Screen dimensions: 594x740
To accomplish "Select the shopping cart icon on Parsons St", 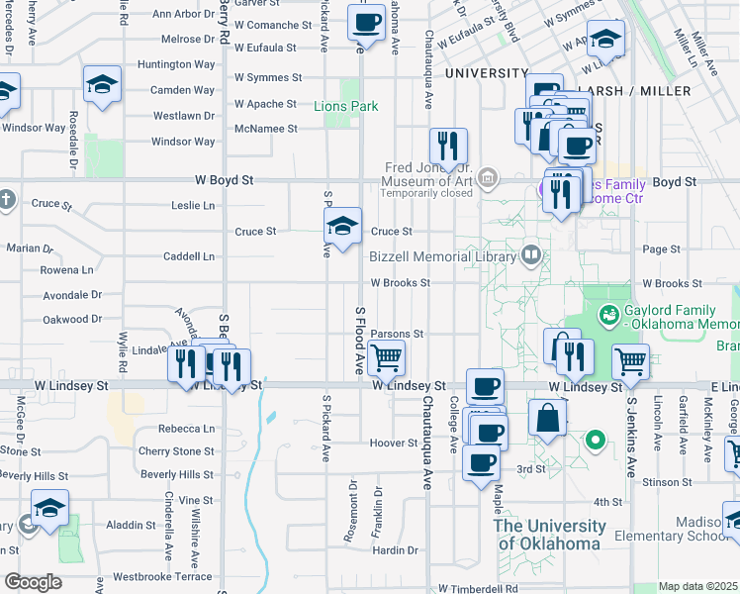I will (x=387, y=357).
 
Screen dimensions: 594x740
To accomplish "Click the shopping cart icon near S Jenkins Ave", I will (x=630, y=362).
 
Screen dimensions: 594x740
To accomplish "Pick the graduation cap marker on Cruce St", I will (x=342, y=229).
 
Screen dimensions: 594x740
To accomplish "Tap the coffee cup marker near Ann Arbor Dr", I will (x=366, y=22).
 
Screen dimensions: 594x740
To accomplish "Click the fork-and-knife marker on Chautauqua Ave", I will (x=448, y=147).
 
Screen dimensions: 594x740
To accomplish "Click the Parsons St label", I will (x=397, y=335).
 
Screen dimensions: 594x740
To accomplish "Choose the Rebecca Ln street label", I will (x=186, y=429).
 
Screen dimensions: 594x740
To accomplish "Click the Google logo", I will (x=32, y=582).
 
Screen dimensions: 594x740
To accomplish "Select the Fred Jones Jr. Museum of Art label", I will (x=428, y=174).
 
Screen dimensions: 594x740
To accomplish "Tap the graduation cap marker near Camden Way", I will (x=102, y=86).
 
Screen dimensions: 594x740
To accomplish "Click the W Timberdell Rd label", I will (x=478, y=588).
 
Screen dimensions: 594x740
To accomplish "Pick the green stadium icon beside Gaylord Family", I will (x=610, y=316).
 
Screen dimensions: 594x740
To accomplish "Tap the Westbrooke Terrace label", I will (x=162, y=576).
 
